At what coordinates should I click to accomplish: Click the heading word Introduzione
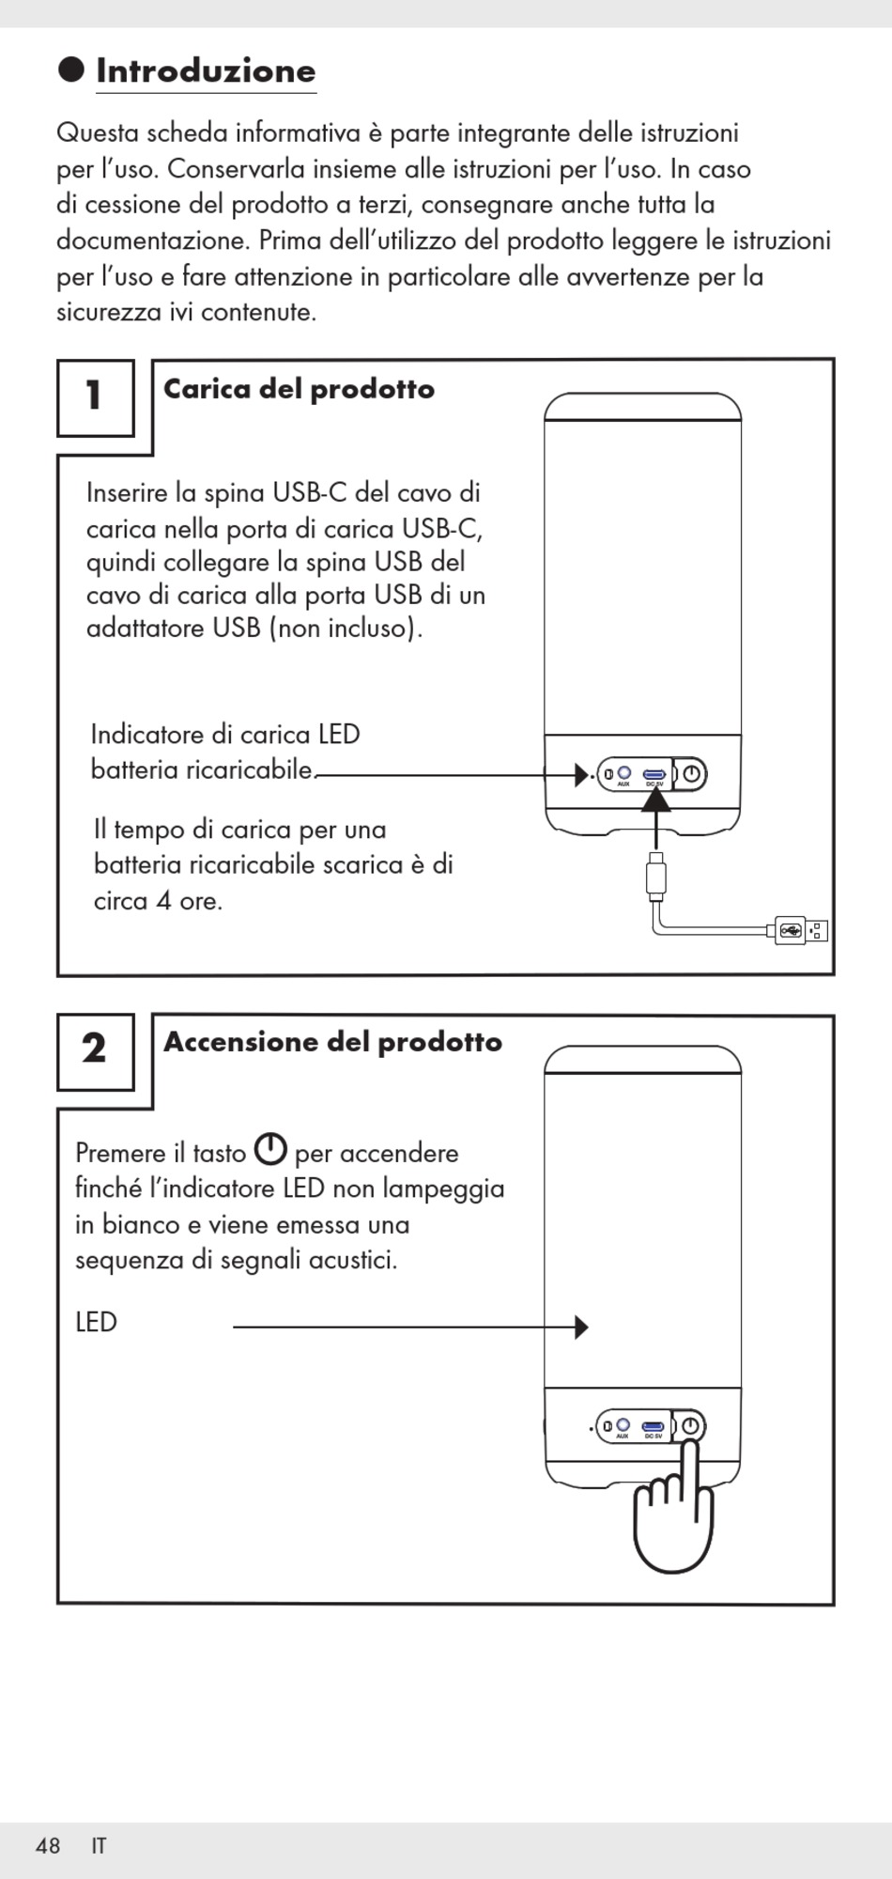coord(206,71)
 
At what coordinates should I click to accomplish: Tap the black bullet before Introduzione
coord(71,70)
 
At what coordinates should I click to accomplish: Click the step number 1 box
coord(95,397)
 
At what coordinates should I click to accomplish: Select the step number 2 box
coord(95,1050)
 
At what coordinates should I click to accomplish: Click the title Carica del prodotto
coord(299,389)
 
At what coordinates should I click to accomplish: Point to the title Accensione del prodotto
coord(332,1042)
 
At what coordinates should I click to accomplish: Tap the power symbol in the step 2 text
coord(270,1149)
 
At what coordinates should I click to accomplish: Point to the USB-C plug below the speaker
coord(656,877)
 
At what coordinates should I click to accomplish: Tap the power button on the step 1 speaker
coord(692,774)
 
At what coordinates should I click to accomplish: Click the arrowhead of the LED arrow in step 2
coord(581,1327)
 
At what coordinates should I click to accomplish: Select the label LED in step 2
coord(96,1323)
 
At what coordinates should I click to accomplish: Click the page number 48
coord(48,1846)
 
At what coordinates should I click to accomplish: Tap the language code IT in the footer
coord(99,1846)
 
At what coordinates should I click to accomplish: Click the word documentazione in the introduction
coord(153,241)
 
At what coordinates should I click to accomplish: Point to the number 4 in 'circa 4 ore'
coord(163,901)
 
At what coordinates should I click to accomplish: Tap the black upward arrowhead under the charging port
coord(655,800)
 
